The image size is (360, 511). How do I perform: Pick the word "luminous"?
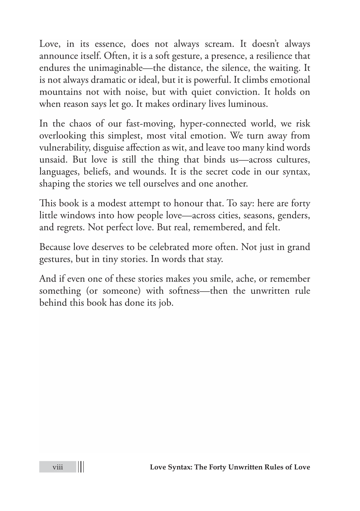click(249, 104)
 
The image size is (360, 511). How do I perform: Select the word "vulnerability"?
click(64, 148)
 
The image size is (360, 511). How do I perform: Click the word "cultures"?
click(293, 160)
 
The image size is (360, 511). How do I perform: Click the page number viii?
click(57, 467)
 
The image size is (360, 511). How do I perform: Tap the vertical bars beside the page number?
click(81, 467)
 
